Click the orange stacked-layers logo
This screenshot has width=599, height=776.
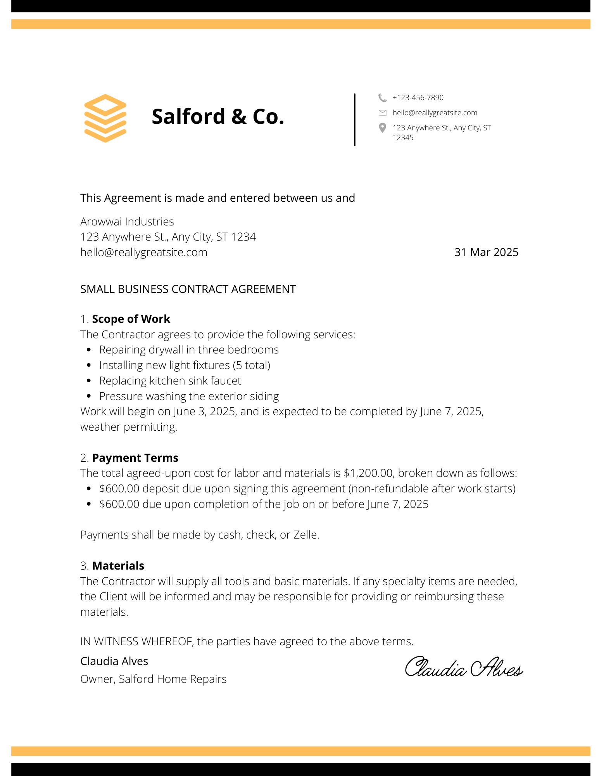pyautogui.click(x=105, y=118)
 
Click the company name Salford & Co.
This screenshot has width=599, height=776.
pyautogui.click(x=218, y=116)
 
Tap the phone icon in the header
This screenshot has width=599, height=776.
pyautogui.click(x=382, y=98)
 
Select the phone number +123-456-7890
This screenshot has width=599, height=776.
pyautogui.click(x=418, y=98)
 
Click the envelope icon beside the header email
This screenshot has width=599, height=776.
pyautogui.click(x=382, y=113)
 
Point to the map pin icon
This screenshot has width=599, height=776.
pyautogui.click(x=382, y=128)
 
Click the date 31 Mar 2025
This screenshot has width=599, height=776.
pyautogui.click(x=486, y=253)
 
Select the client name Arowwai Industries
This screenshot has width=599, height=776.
pyautogui.click(x=127, y=222)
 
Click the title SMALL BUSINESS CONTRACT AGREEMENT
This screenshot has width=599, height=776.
pyautogui.click(x=188, y=289)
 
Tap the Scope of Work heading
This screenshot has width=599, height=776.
pyautogui.click(x=131, y=319)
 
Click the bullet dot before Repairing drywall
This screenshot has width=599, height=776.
pyautogui.click(x=89, y=350)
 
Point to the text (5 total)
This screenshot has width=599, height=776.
pyautogui.click(x=252, y=365)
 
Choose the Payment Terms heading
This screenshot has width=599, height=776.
pyautogui.click(x=135, y=458)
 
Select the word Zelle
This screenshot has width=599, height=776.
pyautogui.click(x=306, y=535)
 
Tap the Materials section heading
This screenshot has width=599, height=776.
pyautogui.click(x=118, y=566)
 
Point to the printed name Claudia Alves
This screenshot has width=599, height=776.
pyautogui.click(x=114, y=661)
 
